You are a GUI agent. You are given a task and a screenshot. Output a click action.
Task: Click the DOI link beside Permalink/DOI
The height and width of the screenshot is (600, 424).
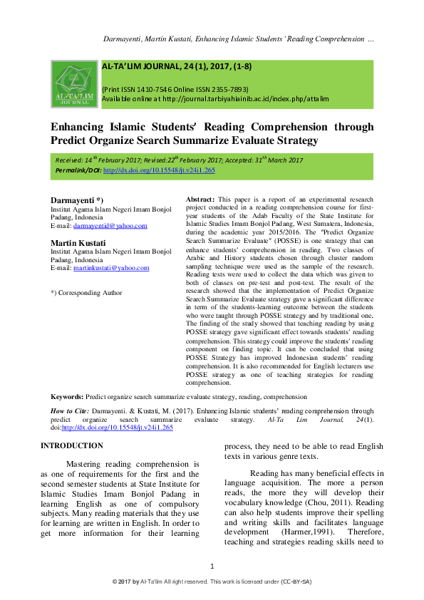pyautogui.click(x=159, y=171)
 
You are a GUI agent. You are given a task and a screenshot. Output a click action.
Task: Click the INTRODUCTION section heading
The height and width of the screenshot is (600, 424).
pyautogui.click(x=72, y=445)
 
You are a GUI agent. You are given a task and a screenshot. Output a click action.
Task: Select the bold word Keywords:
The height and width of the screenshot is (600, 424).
pyautogui.click(x=68, y=396)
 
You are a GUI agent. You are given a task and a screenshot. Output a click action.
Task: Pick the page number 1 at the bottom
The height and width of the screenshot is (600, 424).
pyautogui.click(x=212, y=566)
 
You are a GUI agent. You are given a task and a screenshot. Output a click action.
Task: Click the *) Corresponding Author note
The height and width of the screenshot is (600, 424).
pyautogui.click(x=86, y=293)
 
